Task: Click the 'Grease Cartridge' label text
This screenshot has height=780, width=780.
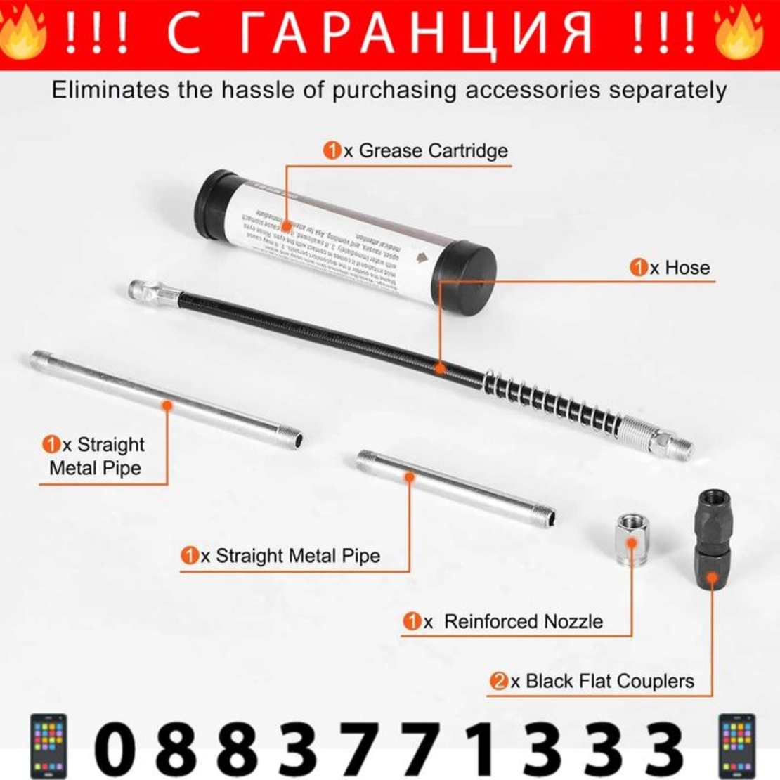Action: (433, 150)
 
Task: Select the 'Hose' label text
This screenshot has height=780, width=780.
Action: (687, 267)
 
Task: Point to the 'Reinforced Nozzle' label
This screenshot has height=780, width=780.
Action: (523, 621)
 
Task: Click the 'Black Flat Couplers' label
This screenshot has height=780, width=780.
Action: (609, 681)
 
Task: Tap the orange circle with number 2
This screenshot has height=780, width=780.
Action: (498, 681)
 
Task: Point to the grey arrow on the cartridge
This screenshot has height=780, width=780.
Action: (422, 257)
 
